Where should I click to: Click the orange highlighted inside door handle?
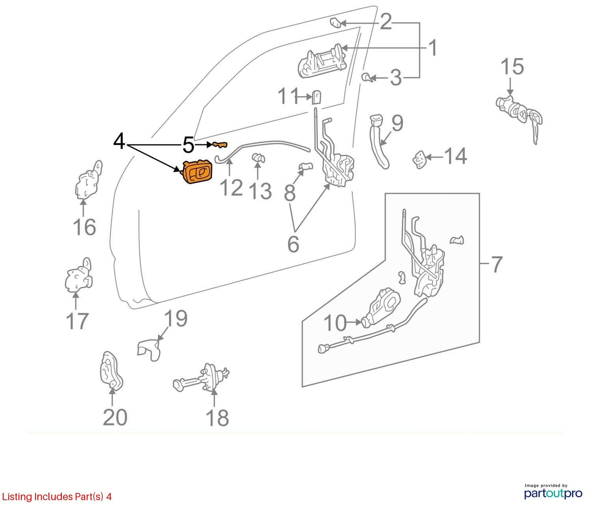pyautogui.click(x=198, y=171)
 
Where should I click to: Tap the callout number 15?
pyautogui.click(x=512, y=67)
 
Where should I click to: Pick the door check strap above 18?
pyautogui.click(x=201, y=379)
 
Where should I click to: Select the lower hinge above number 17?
pyautogui.click(x=79, y=276)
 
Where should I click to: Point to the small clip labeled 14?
pyautogui.click(x=420, y=160)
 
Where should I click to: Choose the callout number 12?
pyautogui.click(x=231, y=187)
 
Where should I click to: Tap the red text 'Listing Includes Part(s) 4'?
pyautogui.click(x=56, y=497)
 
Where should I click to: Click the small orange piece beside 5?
pyautogui.click(x=220, y=145)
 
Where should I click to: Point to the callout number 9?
pyautogui.click(x=398, y=123)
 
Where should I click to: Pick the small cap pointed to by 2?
pyautogui.click(x=336, y=22)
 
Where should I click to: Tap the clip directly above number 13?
pyautogui.click(x=258, y=158)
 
